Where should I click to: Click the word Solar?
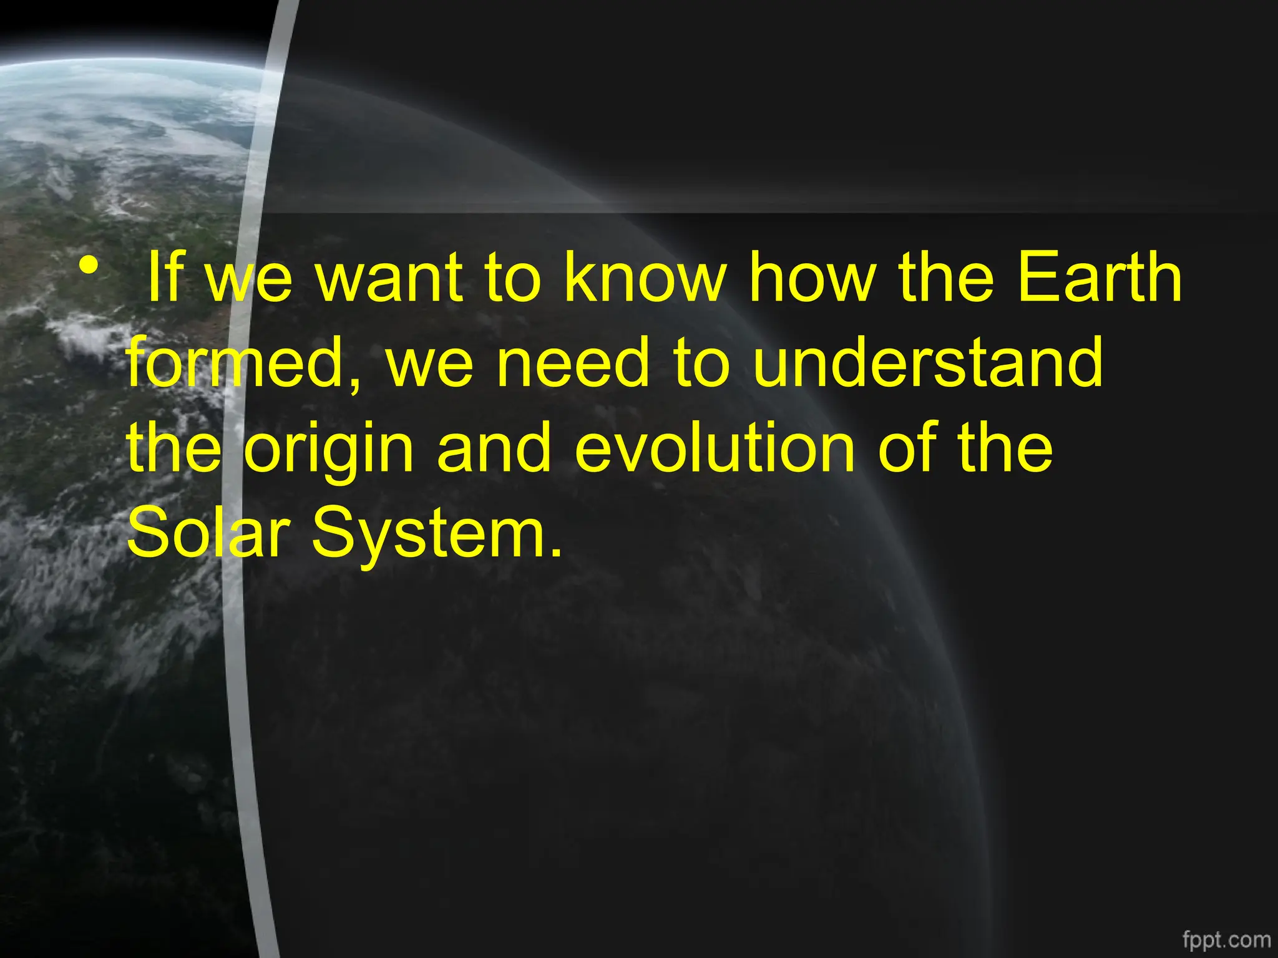click(209, 533)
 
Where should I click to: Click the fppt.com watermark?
click(1226, 939)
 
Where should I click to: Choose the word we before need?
click(430, 368)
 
